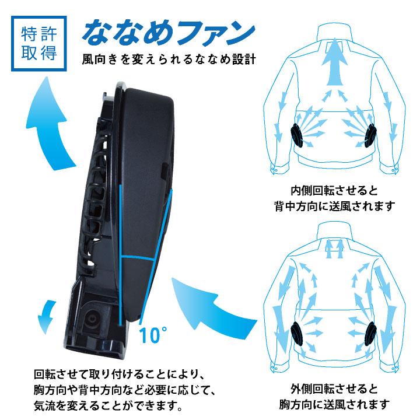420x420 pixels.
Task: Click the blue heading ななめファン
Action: [x=169, y=33]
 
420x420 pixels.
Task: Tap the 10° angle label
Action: [x=153, y=335]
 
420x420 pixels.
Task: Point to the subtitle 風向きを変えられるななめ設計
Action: [x=170, y=60]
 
